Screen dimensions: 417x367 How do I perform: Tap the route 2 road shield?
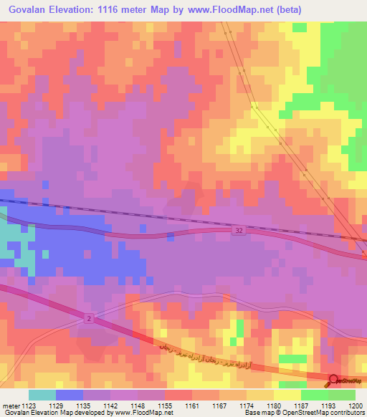pyautogui.click(x=88, y=317)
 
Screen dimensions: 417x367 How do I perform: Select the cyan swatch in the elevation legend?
pyautogui.click(x=42, y=395)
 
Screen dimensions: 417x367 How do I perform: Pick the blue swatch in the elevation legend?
pyautogui.click(x=70, y=395)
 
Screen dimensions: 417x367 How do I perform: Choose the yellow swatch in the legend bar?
pyautogui.click(x=287, y=395)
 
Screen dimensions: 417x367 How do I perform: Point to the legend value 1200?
pyautogui.click(x=356, y=406)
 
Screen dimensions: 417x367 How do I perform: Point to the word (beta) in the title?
pyautogui.click(x=287, y=10)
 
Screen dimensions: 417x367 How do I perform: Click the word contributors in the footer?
pyautogui.click(x=348, y=413)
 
